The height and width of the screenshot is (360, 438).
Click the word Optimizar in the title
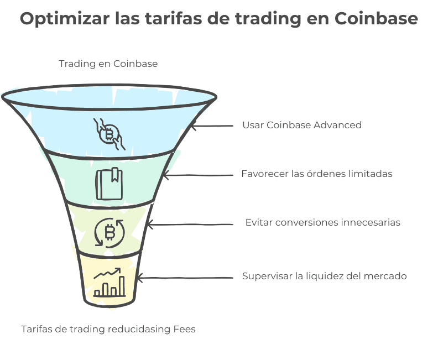pos(65,19)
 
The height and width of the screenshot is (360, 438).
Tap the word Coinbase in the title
pos(376,18)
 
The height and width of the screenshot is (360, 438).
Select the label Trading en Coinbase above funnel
pos(108,64)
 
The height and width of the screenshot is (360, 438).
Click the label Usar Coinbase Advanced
pos(302,125)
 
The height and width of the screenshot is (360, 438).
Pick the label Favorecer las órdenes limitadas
pos(317,174)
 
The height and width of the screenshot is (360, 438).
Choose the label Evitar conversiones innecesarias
pos(322,222)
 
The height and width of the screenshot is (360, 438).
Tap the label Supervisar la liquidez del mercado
pos(324,276)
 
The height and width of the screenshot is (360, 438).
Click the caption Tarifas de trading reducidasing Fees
pos(108,329)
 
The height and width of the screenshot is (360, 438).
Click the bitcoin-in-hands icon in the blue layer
pos(109,134)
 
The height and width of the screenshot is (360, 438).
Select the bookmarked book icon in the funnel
pos(109,184)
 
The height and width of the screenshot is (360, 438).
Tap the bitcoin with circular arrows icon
pos(109,233)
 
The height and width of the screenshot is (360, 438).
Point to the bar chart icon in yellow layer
pos(109,282)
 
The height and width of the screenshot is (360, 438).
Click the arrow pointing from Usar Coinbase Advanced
pos(212,126)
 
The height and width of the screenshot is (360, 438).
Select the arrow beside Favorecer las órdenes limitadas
pos(198,175)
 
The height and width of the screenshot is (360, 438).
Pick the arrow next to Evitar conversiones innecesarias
pos(190,225)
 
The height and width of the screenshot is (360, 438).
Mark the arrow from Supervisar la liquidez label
pos(185,278)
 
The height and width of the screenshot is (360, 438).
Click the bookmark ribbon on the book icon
pos(115,175)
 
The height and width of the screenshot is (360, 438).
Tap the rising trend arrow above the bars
pos(107,273)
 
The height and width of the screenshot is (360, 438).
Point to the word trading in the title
pos(268,19)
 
